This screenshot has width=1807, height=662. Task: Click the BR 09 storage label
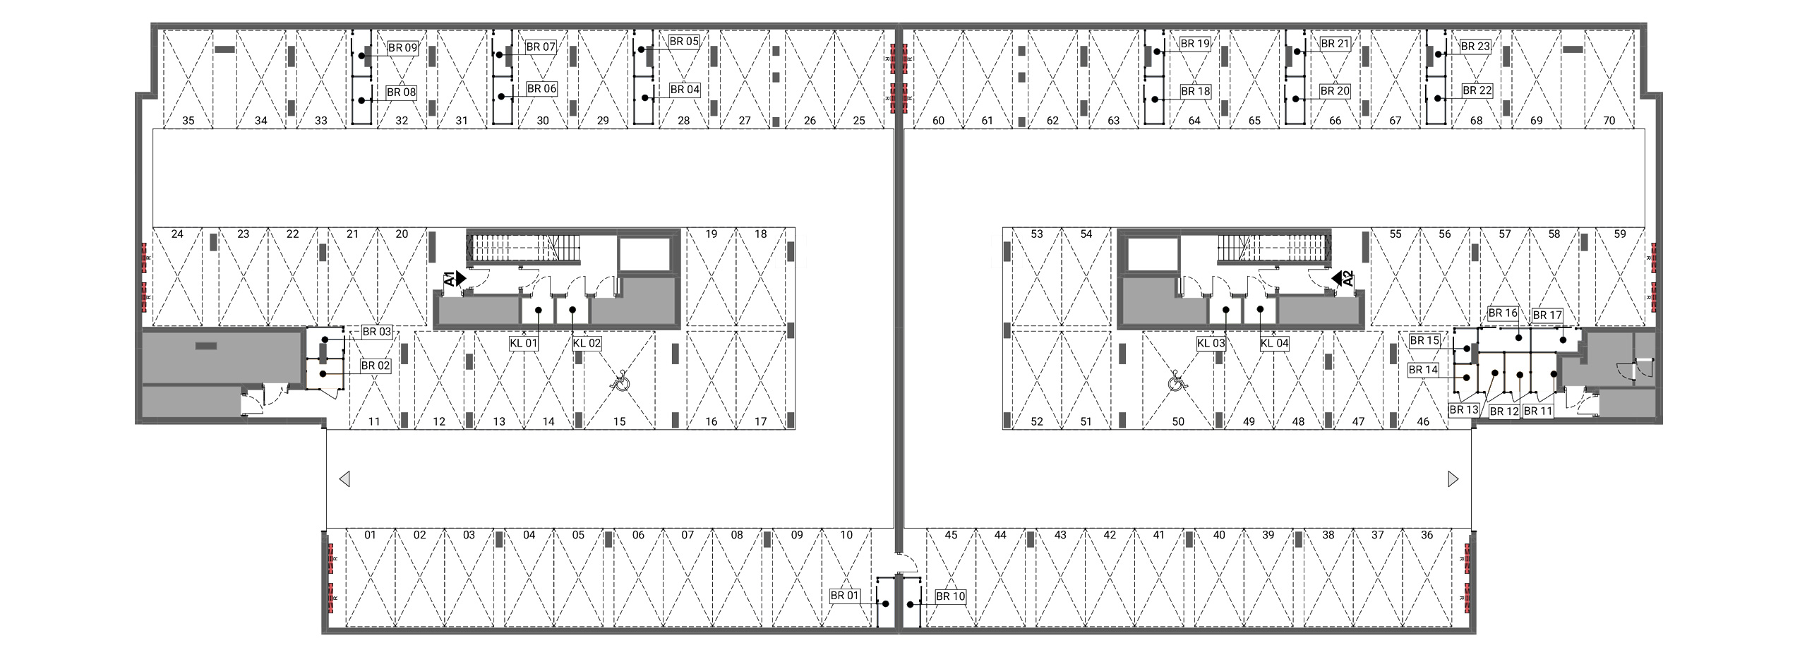tap(403, 48)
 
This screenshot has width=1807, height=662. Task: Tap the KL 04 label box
tap(1274, 344)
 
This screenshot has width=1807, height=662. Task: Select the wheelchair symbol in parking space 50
tap(1178, 382)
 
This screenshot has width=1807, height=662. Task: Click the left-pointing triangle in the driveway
tap(344, 479)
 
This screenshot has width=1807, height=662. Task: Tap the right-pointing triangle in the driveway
tap(1453, 479)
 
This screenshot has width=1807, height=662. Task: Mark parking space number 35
tap(188, 121)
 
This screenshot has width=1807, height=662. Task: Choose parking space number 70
tap(1609, 121)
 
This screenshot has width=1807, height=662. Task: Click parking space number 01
tap(371, 535)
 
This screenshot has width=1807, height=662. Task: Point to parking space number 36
tap(1427, 535)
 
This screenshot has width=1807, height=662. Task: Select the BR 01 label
tap(845, 596)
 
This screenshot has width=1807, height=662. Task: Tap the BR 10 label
tap(950, 596)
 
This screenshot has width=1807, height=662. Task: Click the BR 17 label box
tap(1547, 315)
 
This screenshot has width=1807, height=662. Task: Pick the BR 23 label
tap(1475, 47)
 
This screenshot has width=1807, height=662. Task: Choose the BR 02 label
tap(376, 366)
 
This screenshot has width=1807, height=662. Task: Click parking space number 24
tap(177, 234)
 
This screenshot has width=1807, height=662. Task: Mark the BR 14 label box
tap(1423, 370)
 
